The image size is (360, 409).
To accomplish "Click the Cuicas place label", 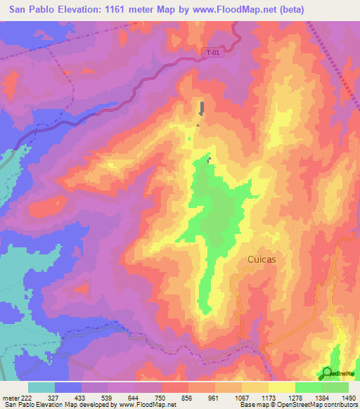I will [261, 259].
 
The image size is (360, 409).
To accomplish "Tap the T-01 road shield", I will [215, 53].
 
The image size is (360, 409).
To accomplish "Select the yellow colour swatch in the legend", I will [281, 387].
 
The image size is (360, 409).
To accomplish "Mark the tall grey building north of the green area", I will [202, 108].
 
